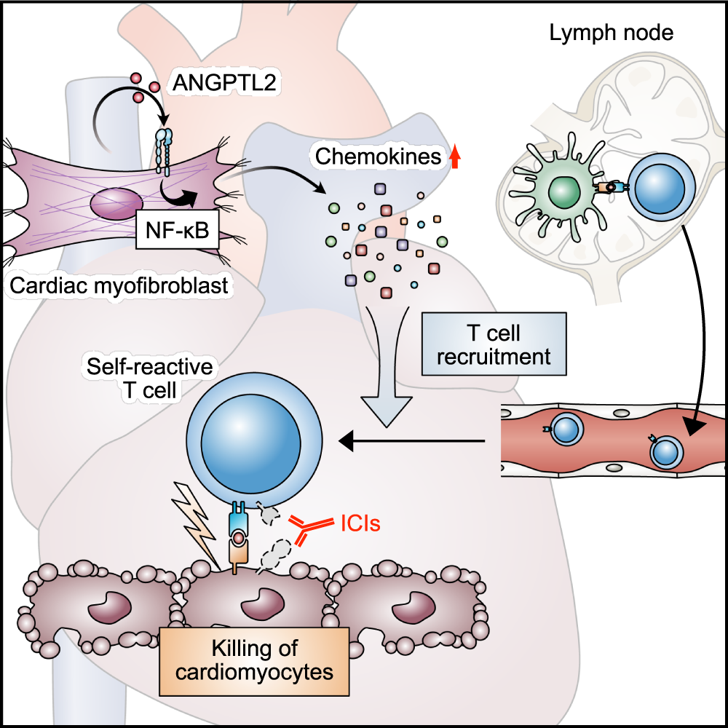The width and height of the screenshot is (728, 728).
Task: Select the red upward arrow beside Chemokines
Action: pos(456,157)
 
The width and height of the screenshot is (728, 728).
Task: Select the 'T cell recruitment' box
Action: pos(493,344)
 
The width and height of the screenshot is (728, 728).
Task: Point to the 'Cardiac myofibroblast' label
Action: pos(120,286)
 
